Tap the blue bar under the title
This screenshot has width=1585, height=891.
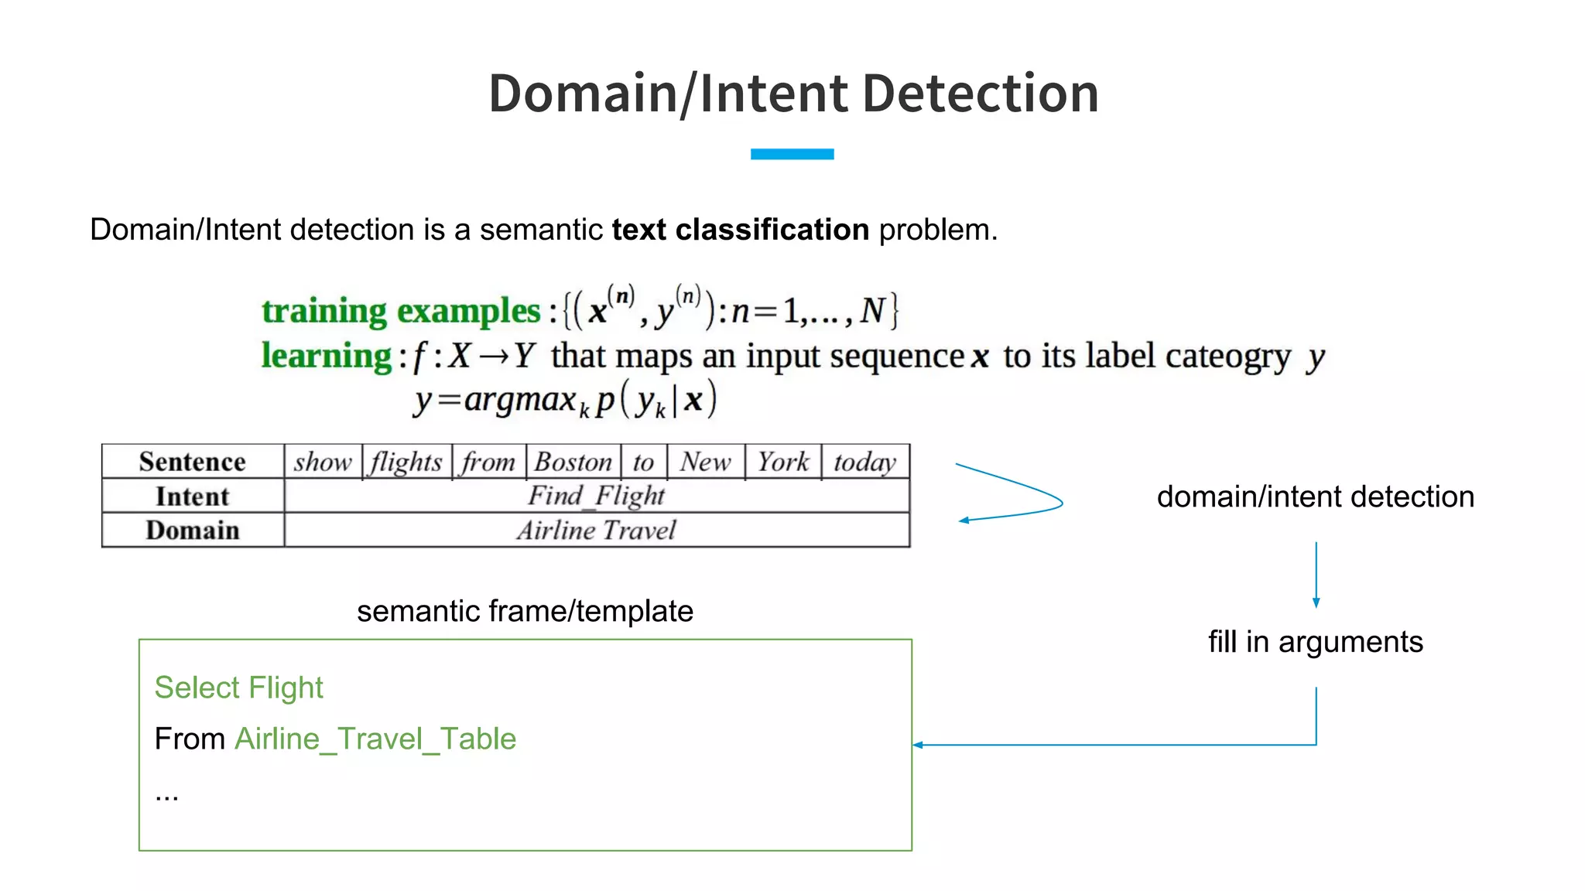pyautogui.click(x=792, y=154)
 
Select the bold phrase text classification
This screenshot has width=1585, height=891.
pyautogui.click(x=740, y=230)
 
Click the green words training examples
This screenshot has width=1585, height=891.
pyautogui.click(x=401, y=311)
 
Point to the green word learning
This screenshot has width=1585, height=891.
pyautogui.click(x=327, y=356)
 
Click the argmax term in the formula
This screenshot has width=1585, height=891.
pyautogui.click(x=520, y=400)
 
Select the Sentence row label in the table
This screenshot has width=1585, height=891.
pyautogui.click(x=193, y=462)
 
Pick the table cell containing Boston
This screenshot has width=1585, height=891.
pyautogui.click(x=573, y=462)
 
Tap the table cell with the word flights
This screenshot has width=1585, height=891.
pyautogui.click(x=406, y=462)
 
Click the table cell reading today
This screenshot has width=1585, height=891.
pyautogui.click(x=864, y=462)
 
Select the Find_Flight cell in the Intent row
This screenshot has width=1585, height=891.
pyautogui.click(x=596, y=496)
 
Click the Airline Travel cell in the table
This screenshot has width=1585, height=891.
pyautogui.click(x=596, y=531)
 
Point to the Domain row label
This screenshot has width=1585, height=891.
pyautogui.click(x=193, y=531)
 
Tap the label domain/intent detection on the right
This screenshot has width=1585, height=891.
pyautogui.click(x=1315, y=497)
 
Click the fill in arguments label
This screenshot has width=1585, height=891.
pyautogui.click(x=1315, y=642)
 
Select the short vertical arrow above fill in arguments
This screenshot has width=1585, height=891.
pyautogui.click(x=1316, y=575)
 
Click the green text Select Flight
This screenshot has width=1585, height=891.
pyautogui.click(x=238, y=688)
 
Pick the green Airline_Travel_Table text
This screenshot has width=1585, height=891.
pyautogui.click(x=375, y=739)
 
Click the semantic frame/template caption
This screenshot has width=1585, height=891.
pyautogui.click(x=525, y=611)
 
